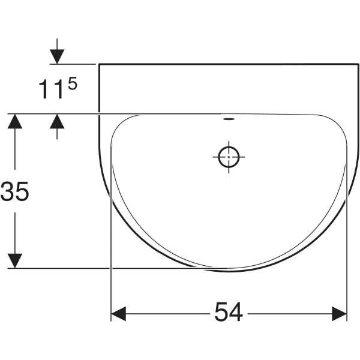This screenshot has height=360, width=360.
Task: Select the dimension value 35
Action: pos(15,192)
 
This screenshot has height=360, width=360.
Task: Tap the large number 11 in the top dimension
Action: pos(50,90)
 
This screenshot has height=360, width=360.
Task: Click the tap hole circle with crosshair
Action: pos(229,158)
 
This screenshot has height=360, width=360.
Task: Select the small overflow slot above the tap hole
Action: pos(229,118)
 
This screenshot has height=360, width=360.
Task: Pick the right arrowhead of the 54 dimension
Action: pos(340,313)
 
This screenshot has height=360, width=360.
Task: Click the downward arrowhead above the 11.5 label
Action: pos(57,56)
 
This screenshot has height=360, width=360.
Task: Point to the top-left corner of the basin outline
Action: pos(98,64)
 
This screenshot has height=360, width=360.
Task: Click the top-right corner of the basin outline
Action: pos(353,64)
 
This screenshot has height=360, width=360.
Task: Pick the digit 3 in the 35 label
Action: pos(8,192)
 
